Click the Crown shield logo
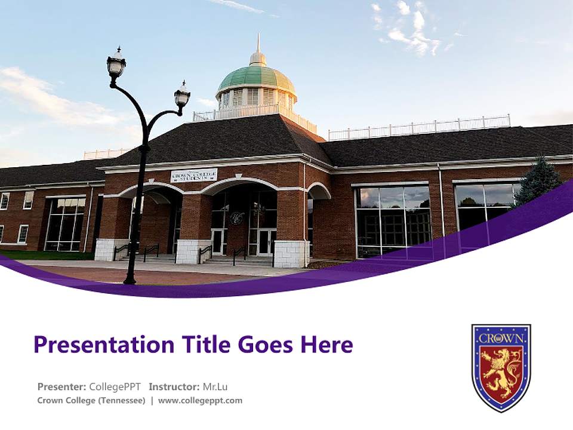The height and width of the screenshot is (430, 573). [x=501, y=367]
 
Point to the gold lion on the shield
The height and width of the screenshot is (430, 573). [x=501, y=374]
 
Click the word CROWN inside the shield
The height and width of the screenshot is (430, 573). [x=501, y=338]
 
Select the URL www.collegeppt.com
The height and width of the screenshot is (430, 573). [x=200, y=401]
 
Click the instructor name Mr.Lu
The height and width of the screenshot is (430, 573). [x=215, y=386]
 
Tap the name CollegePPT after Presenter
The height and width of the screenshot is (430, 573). [x=115, y=386]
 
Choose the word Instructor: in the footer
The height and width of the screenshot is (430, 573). [x=174, y=386]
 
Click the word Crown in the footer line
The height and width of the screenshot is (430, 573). [x=51, y=401]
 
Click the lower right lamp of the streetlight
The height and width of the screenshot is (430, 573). [x=182, y=96]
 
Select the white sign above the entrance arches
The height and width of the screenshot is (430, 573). [x=194, y=175]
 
